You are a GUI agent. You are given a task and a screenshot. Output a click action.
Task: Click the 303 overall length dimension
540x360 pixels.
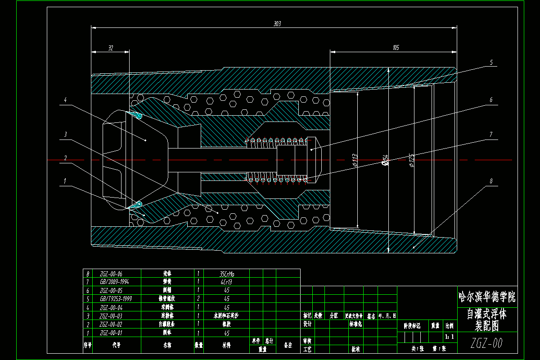(x=277, y=23)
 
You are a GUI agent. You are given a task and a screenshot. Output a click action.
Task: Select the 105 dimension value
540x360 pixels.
(x=396, y=47)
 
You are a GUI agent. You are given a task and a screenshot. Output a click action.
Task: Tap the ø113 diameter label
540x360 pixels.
(x=355, y=159)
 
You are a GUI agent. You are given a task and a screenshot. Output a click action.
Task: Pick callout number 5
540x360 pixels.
(x=491, y=63)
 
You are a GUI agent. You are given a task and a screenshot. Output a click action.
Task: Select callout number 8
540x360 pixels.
(x=491, y=181)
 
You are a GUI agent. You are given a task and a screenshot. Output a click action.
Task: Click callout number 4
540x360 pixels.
(x=65, y=100)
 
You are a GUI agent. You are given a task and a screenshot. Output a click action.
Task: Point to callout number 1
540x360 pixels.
(x=65, y=181)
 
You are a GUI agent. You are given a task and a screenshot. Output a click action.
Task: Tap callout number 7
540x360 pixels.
(x=491, y=134)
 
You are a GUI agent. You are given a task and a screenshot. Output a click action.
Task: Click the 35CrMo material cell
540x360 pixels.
(x=226, y=273)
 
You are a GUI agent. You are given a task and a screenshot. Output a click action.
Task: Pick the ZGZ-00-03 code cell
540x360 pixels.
(x=111, y=316)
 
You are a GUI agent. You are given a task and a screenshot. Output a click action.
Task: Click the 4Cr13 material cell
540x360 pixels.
(x=226, y=282)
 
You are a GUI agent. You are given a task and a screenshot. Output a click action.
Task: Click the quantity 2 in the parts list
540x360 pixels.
(x=198, y=299)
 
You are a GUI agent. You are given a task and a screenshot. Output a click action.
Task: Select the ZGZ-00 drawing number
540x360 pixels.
(x=486, y=343)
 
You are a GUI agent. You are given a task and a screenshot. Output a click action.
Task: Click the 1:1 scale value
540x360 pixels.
(x=449, y=336)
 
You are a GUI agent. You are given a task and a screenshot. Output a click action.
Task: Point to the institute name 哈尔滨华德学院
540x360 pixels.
(x=486, y=297)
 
